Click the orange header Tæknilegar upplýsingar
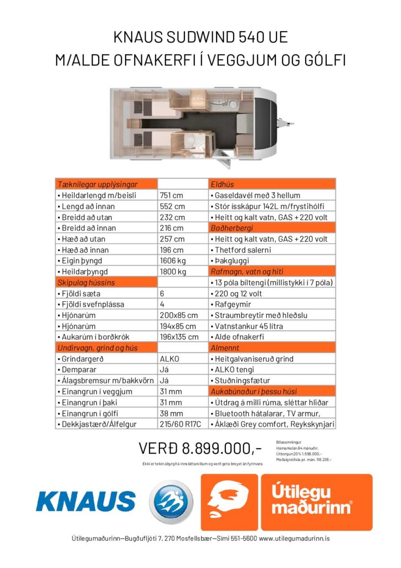click(97, 184)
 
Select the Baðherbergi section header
click(231, 228)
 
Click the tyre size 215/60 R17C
click(179, 425)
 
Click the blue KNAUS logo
click(85, 501)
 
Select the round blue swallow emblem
click(172, 501)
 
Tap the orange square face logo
click(229, 502)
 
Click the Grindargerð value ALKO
click(169, 359)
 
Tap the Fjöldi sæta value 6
click(162, 293)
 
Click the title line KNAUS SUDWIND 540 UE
click(200, 37)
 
